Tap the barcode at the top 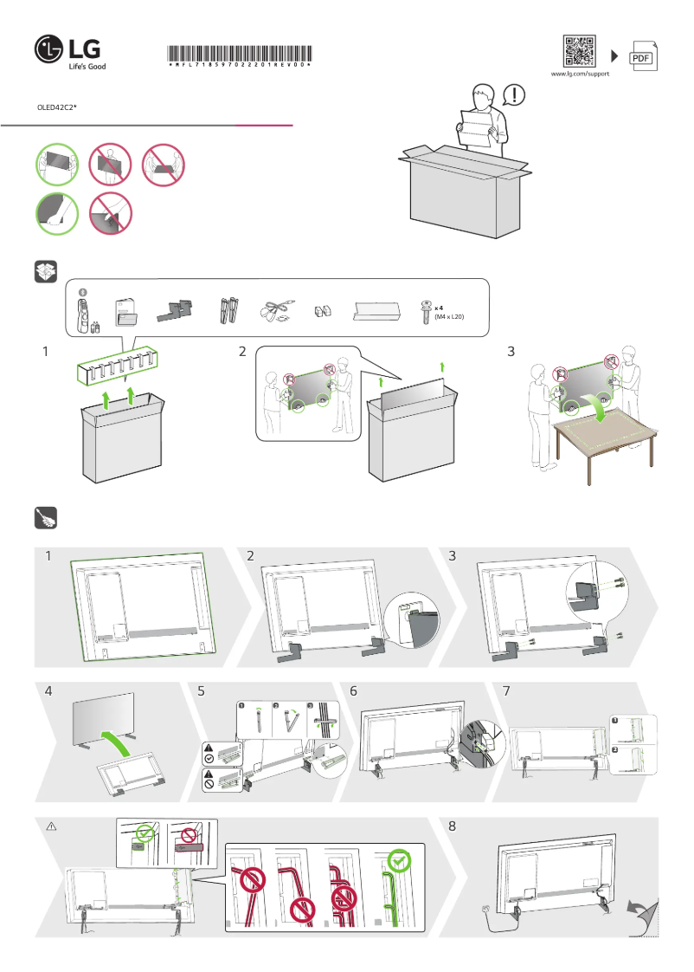pyautogui.click(x=240, y=52)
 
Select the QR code pyautogui.click(x=580, y=51)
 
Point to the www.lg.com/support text pyautogui.click(x=580, y=75)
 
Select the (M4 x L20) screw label pyautogui.click(x=449, y=318)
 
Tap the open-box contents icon pyautogui.click(x=45, y=271)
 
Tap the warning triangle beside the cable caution pyautogui.click(x=50, y=827)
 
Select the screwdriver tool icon pyautogui.click(x=45, y=518)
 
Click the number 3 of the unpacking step pyautogui.click(x=511, y=352)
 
